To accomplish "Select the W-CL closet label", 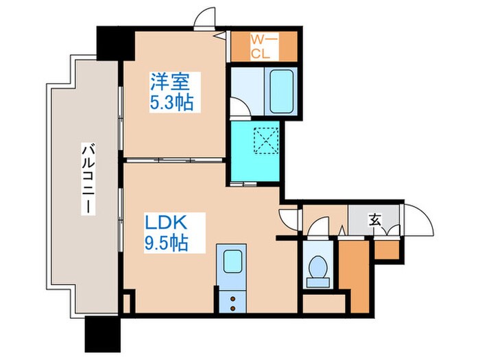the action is click(265, 47).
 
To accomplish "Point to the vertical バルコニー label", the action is click(88, 179).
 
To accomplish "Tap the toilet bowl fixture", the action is click(317, 266).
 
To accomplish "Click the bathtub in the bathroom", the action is click(282, 91).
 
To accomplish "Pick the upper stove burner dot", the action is click(232, 298).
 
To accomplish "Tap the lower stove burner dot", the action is click(232, 309).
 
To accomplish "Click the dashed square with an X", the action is click(266, 141).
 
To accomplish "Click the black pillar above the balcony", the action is click(116, 43).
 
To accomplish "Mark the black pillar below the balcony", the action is click(103, 334).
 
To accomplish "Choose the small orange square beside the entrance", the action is click(387, 250).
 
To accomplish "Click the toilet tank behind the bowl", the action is click(317, 282).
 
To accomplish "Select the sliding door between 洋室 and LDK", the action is click(174, 160).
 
